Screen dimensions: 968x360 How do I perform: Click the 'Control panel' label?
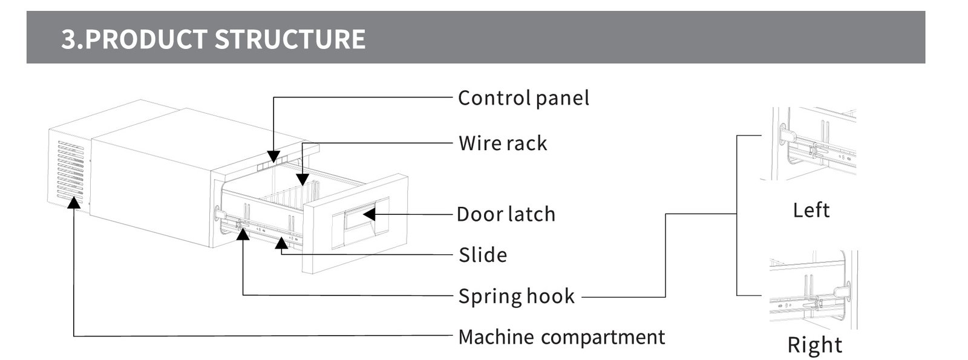[523, 98]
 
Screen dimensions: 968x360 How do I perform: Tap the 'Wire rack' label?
[503, 143]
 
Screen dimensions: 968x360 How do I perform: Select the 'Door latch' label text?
[506, 214]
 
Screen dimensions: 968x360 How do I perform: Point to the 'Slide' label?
[483, 255]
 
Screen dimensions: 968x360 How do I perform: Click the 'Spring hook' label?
[517, 296]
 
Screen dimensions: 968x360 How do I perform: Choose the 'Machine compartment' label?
[561, 336]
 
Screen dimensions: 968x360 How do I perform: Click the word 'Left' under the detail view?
[811, 210]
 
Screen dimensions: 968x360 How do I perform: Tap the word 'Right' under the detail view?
[814, 345]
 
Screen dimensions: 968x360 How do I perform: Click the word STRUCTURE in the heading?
[290, 39]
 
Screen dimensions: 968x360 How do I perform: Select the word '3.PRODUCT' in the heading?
[134, 39]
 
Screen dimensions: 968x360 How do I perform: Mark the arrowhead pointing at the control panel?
[273, 157]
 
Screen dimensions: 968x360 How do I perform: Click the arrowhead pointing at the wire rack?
[302, 179]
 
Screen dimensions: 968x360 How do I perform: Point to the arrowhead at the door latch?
[369, 214]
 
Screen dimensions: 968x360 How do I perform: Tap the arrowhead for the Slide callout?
[281, 243]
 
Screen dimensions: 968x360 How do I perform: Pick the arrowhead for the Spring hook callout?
[243, 234]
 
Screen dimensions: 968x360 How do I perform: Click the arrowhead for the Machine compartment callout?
[74, 202]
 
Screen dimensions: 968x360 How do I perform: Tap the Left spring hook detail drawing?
[809, 143]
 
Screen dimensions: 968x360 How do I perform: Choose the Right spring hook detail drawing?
[813, 290]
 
